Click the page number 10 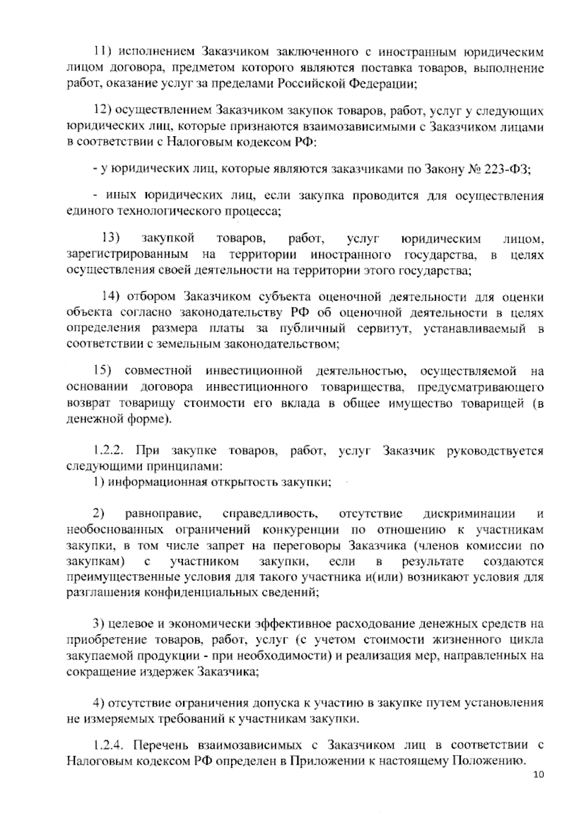point(538,775)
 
